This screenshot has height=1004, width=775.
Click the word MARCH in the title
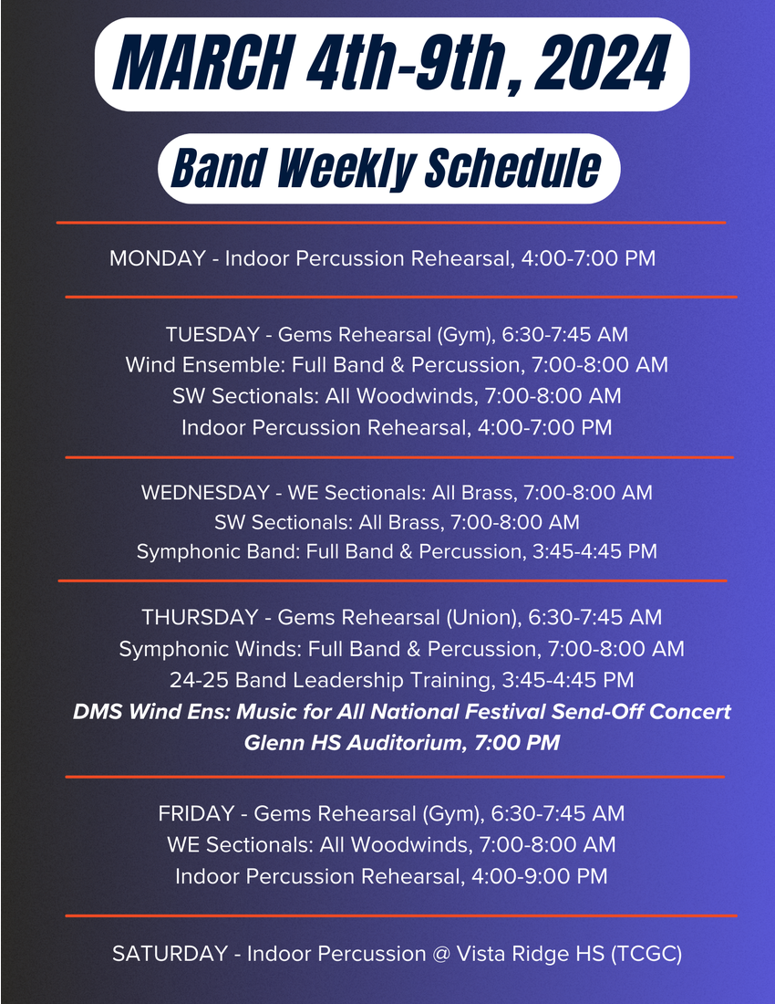pos(203,63)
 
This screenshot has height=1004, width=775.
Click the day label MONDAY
pos(158,258)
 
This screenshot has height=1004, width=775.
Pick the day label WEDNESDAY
pos(205,492)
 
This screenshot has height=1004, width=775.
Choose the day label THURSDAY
pos(200,617)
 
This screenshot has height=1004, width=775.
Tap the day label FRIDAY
pos(196,813)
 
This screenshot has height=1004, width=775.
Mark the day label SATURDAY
pos(170,954)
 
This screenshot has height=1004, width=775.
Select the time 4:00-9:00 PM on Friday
pos(540,876)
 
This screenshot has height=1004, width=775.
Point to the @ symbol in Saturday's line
pos(441,954)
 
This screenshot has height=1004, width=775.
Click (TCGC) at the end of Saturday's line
pos(646,954)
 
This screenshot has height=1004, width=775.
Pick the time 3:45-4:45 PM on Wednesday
pos(594,551)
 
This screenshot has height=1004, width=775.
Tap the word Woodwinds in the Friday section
pos(409,844)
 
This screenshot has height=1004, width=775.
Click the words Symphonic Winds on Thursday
pos(211,649)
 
